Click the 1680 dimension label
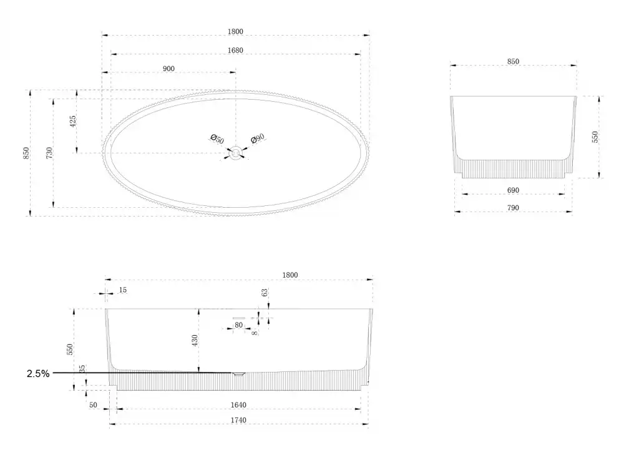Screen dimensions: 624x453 235,50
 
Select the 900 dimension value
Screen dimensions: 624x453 168,69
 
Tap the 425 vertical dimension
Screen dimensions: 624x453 73,122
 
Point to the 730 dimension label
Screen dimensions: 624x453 49,153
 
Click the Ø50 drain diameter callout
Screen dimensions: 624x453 217,139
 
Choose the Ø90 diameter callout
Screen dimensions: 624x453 258,139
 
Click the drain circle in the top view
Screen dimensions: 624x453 236,153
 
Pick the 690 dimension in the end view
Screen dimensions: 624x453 513,190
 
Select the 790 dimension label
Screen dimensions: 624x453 513,207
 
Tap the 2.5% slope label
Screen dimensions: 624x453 38,373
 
